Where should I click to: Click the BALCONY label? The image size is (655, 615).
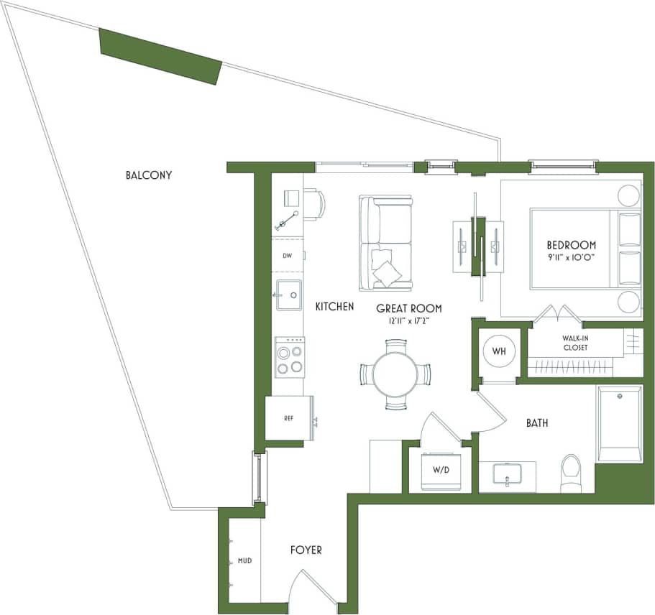point(148,175)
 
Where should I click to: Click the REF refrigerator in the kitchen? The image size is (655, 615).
point(288,417)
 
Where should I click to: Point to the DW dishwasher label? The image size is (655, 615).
point(287,255)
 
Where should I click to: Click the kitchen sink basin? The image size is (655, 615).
point(288,295)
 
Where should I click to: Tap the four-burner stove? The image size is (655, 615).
point(289,357)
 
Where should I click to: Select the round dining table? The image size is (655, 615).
point(395,375)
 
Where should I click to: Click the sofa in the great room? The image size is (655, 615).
point(387,242)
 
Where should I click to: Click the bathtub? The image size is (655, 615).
point(619,424)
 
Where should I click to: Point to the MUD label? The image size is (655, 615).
point(244,560)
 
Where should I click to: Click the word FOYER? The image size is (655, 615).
point(306,550)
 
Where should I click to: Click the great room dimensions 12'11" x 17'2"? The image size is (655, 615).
point(409,320)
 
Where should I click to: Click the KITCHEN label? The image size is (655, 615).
point(334,307)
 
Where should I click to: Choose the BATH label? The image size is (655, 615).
point(537,423)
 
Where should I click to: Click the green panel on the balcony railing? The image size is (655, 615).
point(160,56)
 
